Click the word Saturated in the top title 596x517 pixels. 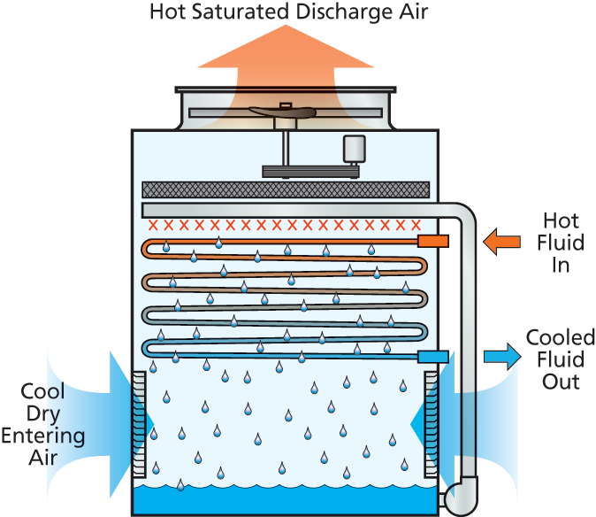(245, 12)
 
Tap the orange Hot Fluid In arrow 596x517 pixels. (501, 241)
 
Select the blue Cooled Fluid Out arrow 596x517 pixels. (502, 356)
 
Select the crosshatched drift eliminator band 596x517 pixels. (286, 189)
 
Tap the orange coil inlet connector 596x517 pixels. (433, 240)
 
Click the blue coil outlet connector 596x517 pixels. (433, 356)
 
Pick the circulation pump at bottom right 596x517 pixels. (461, 495)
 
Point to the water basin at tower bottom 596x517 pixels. (285, 501)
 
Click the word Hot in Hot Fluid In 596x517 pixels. (560, 220)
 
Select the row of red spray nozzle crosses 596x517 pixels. (286, 224)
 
